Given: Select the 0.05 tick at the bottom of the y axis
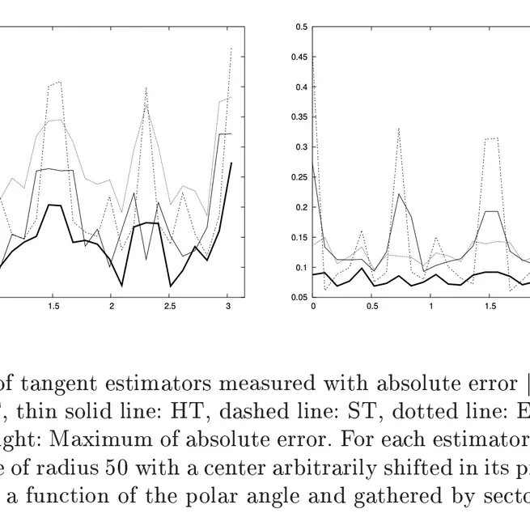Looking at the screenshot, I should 300,297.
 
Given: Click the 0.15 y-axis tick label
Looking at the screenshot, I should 300,237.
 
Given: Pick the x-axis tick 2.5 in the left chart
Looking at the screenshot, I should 170,307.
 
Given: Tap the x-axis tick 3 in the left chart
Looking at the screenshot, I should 228,307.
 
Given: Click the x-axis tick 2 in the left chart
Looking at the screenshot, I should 111,307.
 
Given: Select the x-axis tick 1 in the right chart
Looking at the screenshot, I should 431,307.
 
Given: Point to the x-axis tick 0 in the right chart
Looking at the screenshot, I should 313,307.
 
